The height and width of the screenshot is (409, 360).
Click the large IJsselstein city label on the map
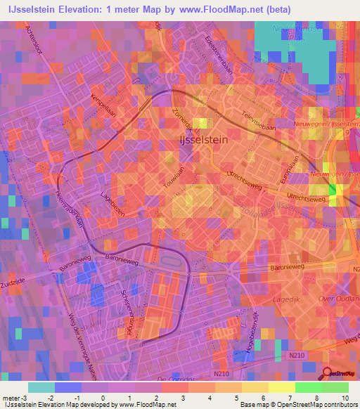click(203, 139)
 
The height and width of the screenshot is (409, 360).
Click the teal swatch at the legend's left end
click(41, 387)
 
